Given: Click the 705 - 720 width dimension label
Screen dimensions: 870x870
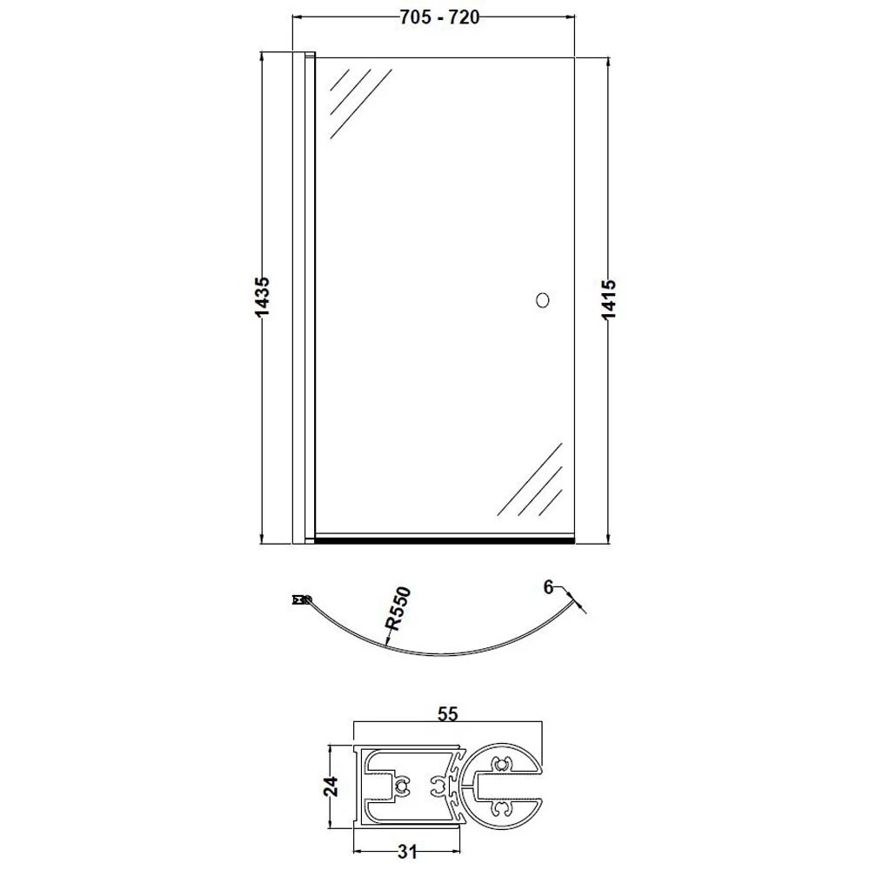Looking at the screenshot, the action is [438, 17].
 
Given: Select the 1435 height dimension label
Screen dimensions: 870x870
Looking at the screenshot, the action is [262, 298].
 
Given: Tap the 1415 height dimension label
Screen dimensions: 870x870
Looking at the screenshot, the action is [609, 299].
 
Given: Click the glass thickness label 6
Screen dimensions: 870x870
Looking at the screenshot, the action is [549, 587].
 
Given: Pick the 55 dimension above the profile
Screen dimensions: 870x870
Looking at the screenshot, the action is [448, 714].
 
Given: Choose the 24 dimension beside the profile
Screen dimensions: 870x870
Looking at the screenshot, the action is [331, 786].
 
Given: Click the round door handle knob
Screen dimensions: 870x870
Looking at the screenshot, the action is [543, 300].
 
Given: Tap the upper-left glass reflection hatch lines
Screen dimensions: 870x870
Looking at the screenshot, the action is [361, 104].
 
